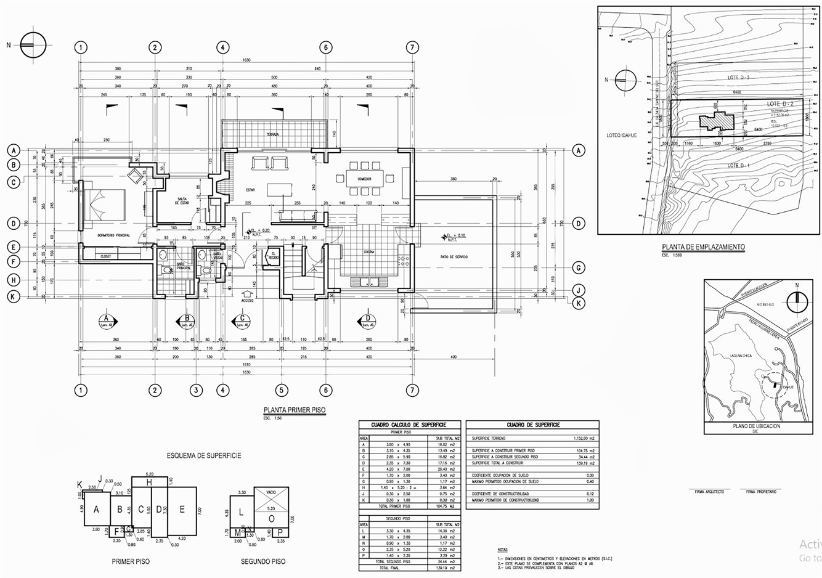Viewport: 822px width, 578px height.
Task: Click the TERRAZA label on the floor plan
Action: click(273, 134)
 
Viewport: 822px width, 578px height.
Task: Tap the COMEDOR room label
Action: click(364, 179)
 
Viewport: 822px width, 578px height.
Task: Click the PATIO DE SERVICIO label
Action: click(454, 256)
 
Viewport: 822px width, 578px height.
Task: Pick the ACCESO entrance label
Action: click(247, 301)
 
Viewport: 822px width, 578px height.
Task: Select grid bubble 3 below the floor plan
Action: click(195, 390)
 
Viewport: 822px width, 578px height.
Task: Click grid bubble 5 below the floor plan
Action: click(282, 390)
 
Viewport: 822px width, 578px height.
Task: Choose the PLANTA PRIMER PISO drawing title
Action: click(295, 410)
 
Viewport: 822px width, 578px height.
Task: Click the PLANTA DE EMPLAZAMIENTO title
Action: click(703, 247)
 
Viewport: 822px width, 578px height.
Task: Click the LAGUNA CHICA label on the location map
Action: click(738, 356)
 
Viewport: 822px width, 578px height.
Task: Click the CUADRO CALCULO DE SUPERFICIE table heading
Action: click(408, 425)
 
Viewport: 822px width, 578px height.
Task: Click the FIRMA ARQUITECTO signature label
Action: click(709, 492)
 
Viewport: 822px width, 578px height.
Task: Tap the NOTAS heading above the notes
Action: click(503, 549)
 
